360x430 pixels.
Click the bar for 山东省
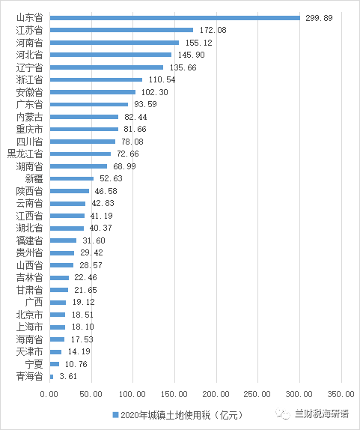(x=175, y=18)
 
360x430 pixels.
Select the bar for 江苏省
(x=121, y=30)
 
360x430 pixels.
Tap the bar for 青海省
(x=52, y=377)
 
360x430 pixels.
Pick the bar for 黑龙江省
(x=80, y=154)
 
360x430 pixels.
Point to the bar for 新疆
(x=72, y=179)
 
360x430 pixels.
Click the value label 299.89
(x=319, y=18)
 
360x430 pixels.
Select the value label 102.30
(x=154, y=92)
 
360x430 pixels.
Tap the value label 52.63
(x=111, y=178)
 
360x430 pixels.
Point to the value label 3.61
(x=68, y=376)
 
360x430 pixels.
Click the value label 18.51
(x=82, y=315)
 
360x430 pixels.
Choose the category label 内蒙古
(x=29, y=117)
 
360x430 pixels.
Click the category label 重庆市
(x=29, y=129)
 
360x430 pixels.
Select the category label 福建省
(x=29, y=240)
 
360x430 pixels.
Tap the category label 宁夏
(x=34, y=364)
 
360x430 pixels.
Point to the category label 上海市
(x=29, y=327)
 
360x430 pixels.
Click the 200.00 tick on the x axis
(x=216, y=394)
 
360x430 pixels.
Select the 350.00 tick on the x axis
(x=341, y=394)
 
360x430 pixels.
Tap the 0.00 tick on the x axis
(x=49, y=394)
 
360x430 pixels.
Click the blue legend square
(x=115, y=415)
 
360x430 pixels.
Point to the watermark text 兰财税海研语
(x=322, y=414)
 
